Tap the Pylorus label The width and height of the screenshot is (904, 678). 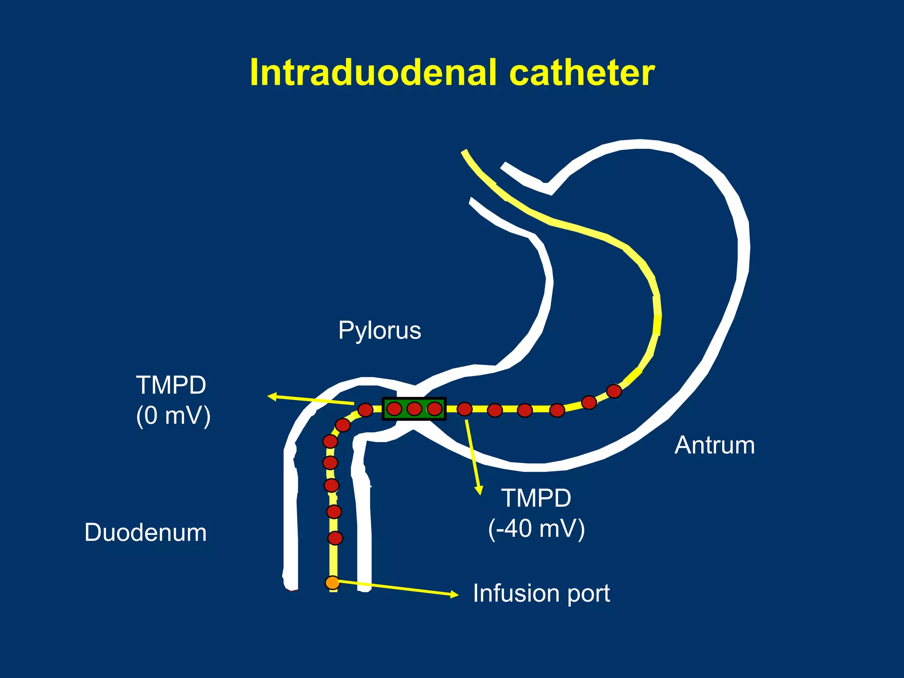click(380, 330)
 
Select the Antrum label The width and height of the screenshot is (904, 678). click(714, 445)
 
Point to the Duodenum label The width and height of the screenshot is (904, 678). click(145, 532)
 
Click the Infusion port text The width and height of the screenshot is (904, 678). click(541, 593)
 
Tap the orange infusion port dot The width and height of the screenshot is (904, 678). click(332, 583)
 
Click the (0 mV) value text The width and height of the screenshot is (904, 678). click(173, 416)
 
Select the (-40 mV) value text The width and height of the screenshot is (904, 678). click(536, 528)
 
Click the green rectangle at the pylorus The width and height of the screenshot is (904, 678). click(414, 409)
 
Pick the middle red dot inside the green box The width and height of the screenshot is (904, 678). click(414, 409)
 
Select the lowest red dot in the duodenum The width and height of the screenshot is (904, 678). click(335, 539)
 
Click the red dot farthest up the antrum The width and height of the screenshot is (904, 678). click(614, 391)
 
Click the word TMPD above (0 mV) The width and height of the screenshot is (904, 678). click(171, 385)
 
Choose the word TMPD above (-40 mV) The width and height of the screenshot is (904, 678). click(536, 498)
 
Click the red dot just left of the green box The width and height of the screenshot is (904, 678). click(365, 410)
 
